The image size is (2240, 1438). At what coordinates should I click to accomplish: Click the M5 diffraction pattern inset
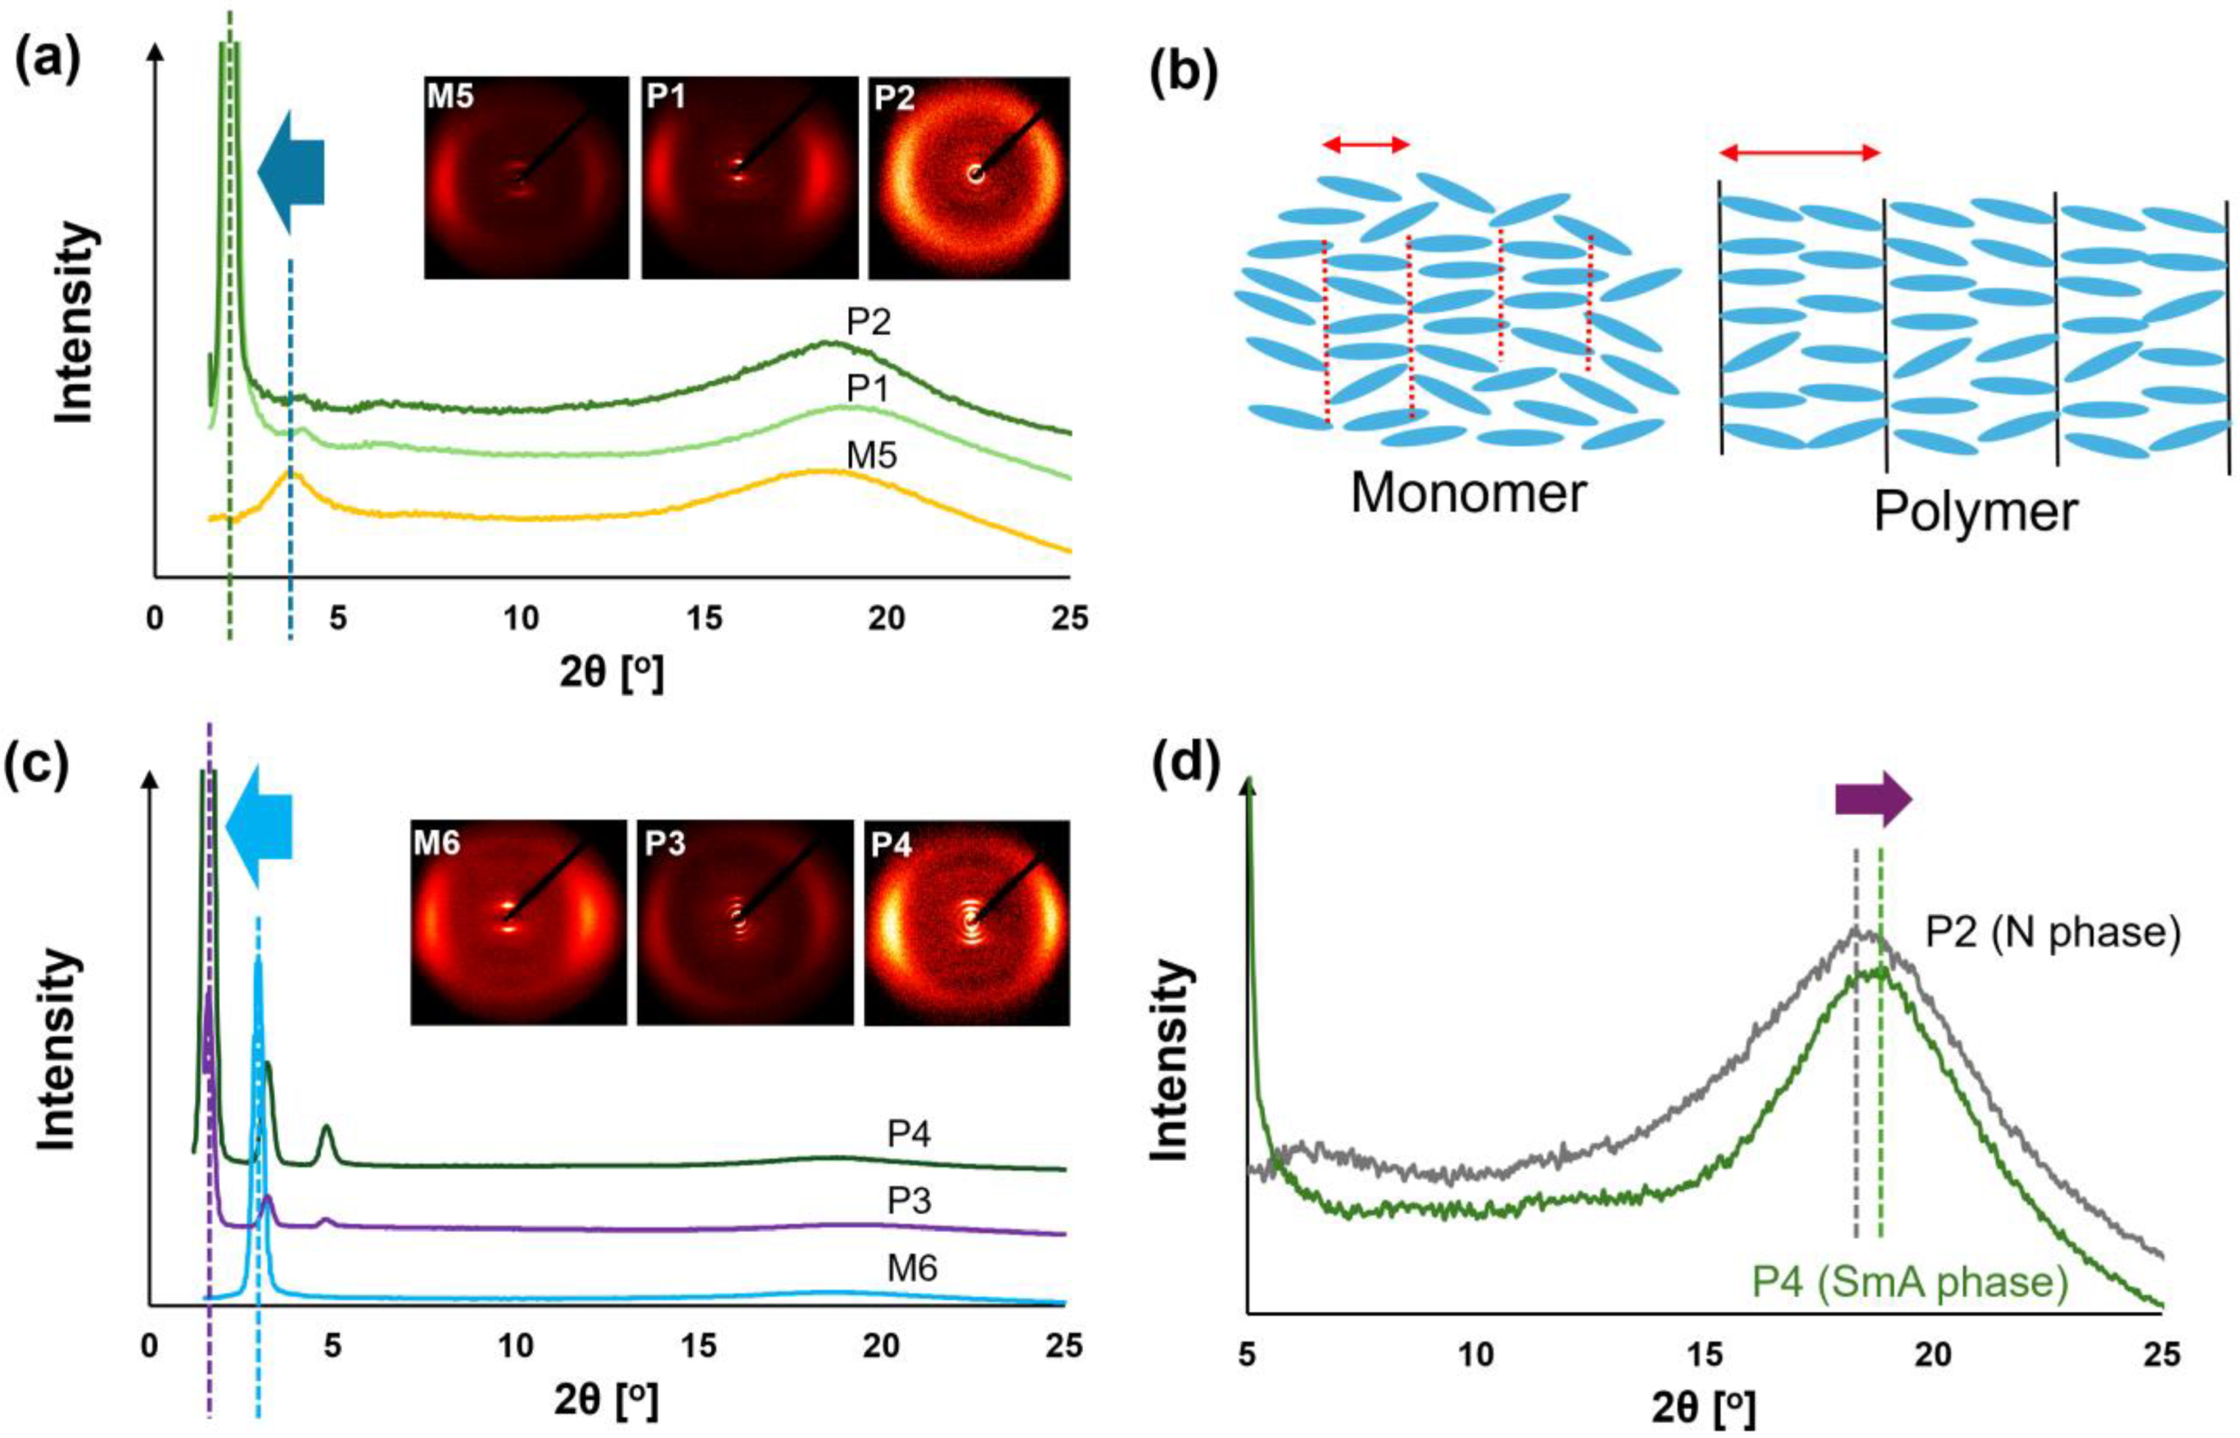coord(526,178)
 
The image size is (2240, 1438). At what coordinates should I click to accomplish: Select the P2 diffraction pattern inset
coord(969,178)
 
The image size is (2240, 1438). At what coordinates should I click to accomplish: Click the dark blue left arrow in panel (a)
coord(291,172)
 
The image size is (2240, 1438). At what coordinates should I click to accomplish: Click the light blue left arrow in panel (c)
coord(260,825)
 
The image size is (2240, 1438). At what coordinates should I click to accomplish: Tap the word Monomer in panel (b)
coord(1468,493)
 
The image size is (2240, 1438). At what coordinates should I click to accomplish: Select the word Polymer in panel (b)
coord(1976,512)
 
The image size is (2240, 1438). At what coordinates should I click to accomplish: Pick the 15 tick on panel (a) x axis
coord(704,618)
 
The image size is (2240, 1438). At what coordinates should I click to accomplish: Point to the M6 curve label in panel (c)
coord(912,1268)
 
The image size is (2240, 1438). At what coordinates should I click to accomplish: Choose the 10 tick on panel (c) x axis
coord(515,1345)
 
